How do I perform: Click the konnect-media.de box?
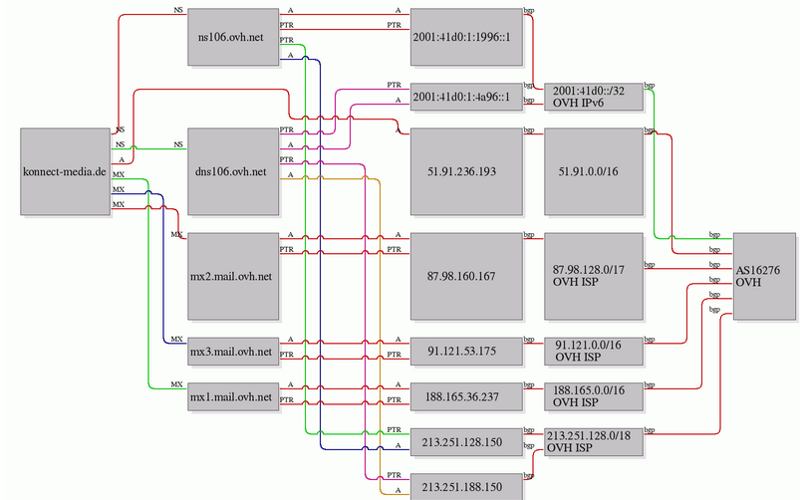coord(66,171)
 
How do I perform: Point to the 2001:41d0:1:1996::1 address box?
coord(466,37)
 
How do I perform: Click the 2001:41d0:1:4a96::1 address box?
coord(466,97)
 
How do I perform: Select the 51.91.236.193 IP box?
coord(466,171)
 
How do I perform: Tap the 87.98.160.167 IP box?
coord(466,277)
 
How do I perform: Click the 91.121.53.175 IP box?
coord(466,352)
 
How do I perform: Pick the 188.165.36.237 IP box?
coord(466,397)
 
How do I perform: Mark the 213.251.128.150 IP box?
coord(466,442)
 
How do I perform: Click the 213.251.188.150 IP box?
coord(466,487)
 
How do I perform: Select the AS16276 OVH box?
coord(764,277)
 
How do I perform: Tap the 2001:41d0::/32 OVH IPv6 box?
coord(594,97)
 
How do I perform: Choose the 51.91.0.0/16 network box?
coord(594,171)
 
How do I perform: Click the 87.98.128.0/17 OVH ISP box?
coord(594,277)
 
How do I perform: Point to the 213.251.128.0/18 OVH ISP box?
coord(594,442)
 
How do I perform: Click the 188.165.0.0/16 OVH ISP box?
coord(594,397)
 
